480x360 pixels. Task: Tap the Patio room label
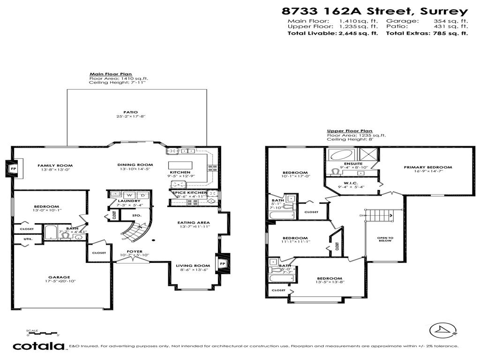click(130, 112)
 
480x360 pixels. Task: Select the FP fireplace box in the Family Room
click(13, 168)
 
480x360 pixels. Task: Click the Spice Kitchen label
click(189, 193)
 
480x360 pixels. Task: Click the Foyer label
click(135, 251)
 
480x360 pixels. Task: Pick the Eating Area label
click(193, 223)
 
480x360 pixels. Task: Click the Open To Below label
click(385, 240)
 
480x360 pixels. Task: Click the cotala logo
click(38, 346)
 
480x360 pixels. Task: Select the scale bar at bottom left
click(43, 333)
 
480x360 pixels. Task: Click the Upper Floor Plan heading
click(349, 131)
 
